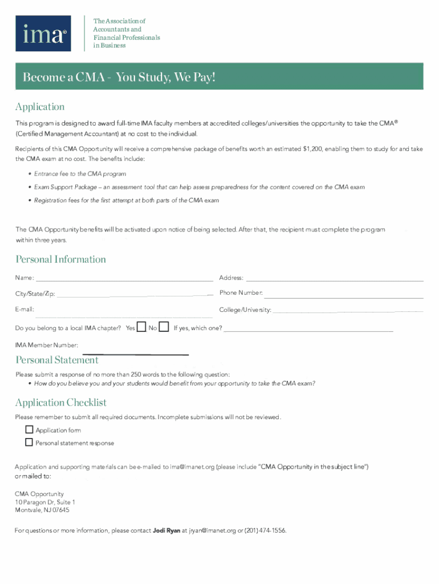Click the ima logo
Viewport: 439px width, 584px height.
(x=43, y=34)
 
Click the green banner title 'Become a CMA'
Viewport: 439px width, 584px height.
(x=119, y=77)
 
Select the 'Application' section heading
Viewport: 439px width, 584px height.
(x=40, y=107)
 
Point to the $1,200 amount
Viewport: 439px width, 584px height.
(x=313, y=149)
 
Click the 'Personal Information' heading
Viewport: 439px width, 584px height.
(x=60, y=259)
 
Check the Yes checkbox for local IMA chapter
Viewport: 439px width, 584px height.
(x=142, y=327)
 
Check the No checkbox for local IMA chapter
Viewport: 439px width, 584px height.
(x=164, y=327)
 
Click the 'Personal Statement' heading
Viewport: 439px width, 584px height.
(x=57, y=360)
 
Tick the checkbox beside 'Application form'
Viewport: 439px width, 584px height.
(x=29, y=430)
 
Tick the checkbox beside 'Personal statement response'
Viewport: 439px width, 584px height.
(x=29, y=443)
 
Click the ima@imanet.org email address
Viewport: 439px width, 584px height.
(x=192, y=467)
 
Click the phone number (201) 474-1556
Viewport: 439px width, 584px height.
(x=265, y=531)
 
